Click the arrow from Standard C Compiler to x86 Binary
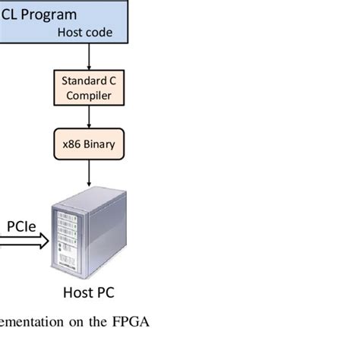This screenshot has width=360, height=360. click(90, 118)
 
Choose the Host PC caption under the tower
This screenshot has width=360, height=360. click(88, 292)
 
